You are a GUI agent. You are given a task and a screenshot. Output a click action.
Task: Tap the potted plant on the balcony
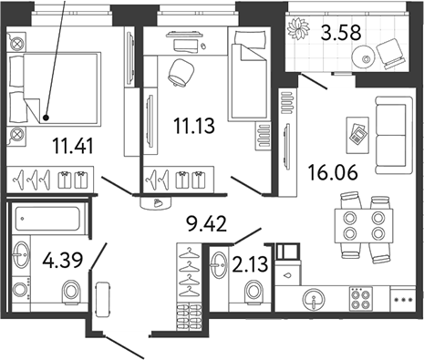298,30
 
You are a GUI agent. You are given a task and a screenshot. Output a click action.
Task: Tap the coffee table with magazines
357,132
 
